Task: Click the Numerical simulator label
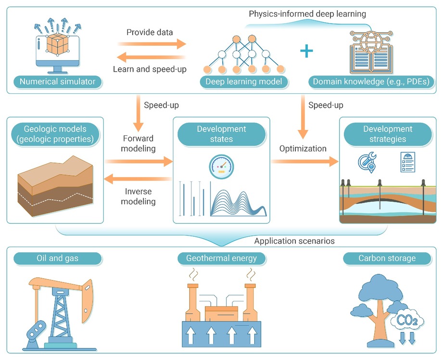[57, 82]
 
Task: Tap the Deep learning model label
[243, 82]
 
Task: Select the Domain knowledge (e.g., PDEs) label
[371, 82]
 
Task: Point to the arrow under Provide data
[152, 44]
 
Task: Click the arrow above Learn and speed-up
[151, 57]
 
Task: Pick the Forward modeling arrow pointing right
[139, 162]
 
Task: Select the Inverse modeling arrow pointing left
[138, 179]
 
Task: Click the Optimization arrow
[305, 162]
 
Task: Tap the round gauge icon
[221, 167]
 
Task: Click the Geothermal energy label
[221, 258]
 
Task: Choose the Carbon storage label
[387, 258]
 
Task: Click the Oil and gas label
[57, 258]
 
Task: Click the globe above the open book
[371, 41]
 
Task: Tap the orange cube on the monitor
[57, 44]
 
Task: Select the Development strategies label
[388, 134]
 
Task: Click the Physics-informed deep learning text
[307, 14]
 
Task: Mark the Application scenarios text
[294, 241]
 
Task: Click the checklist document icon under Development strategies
[408, 162]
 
